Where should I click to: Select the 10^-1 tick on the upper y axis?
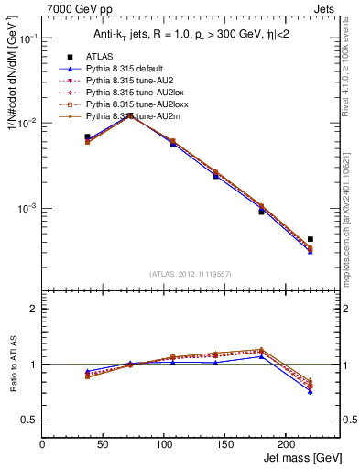[27, 38]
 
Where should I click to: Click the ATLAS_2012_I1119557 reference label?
[191, 274]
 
